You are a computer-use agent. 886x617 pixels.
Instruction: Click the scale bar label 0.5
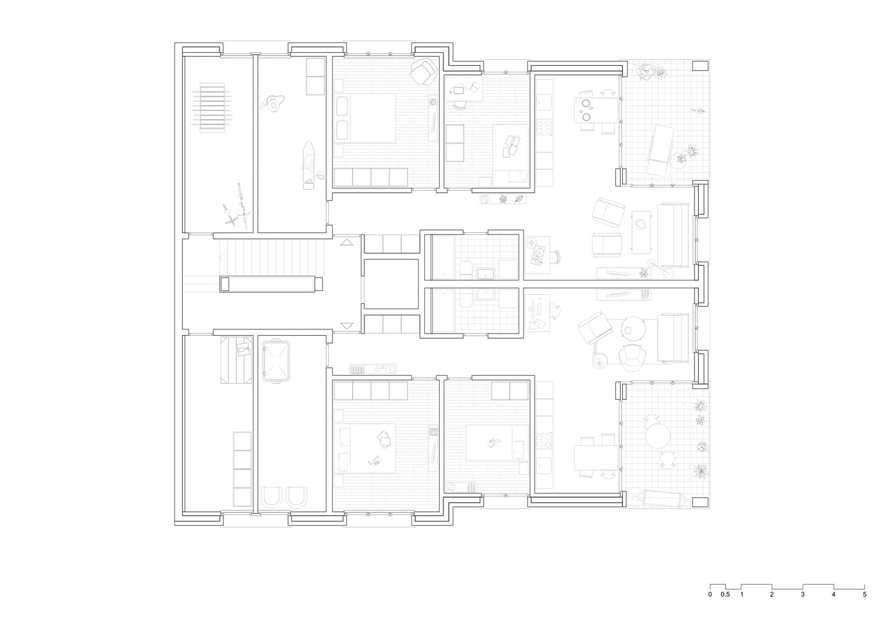pos(725,594)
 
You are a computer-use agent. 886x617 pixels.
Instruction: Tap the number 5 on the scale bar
pos(864,594)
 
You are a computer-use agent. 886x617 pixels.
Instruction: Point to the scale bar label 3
pos(802,594)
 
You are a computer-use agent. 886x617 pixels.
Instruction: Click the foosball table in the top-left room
pos(212,108)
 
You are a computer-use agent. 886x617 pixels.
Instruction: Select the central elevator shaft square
pos(391,284)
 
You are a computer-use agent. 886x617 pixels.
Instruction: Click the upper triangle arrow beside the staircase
pos(346,242)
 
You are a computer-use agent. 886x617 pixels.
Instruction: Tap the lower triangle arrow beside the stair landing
pos(346,326)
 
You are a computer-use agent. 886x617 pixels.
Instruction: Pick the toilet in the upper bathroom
pos(466,269)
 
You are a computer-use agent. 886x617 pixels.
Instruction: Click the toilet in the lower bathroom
pos(466,298)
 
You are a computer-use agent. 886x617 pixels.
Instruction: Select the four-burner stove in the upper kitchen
pos(544,127)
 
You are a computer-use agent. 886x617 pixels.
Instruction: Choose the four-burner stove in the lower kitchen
pos(544,441)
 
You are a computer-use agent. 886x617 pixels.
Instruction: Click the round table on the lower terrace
pos(657,436)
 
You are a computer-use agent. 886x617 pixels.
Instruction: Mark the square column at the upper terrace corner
pos(700,66)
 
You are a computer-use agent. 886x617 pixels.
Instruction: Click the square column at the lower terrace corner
pos(700,502)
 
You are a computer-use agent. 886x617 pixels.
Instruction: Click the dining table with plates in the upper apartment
pos(596,110)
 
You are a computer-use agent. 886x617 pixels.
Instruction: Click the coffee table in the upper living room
pos(641,232)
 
